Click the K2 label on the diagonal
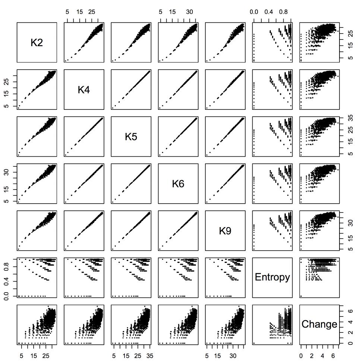[x=37, y=43]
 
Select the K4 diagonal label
[x=84, y=90]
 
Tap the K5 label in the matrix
[x=131, y=137]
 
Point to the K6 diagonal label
[x=178, y=184]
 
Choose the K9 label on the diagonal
[x=225, y=231]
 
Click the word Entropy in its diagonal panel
[x=272, y=277]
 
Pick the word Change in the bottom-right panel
[x=319, y=324]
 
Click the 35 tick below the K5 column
[x=149, y=356]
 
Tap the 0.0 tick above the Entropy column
[x=254, y=12]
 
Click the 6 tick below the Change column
[x=331, y=356]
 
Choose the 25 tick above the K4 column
[x=92, y=12]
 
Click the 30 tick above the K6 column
[x=189, y=12]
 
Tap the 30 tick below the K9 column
[x=233, y=356]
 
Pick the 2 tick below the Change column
[x=311, y=356]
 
